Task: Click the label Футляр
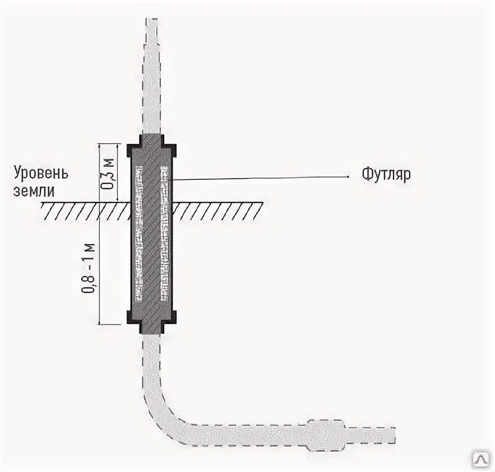pos(386,174)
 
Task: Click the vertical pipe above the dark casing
pos(152,79)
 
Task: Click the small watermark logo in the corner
pos(482,459)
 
